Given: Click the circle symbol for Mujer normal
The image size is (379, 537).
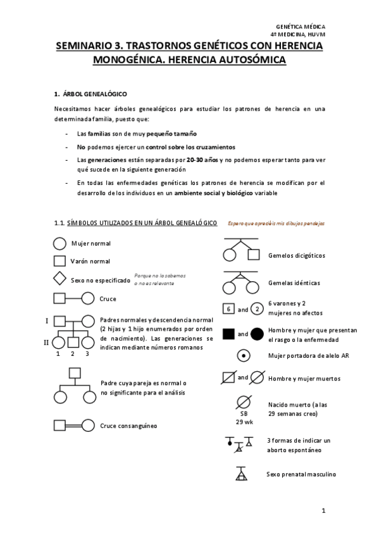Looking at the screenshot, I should click(59, 243).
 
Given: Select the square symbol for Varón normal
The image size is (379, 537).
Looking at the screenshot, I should click(59, 261).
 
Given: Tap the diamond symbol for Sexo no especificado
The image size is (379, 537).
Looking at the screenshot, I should click(59, 279).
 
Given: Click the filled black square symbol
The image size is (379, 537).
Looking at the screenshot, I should click(229, 333).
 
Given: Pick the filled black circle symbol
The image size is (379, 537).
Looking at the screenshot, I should click(257, 333).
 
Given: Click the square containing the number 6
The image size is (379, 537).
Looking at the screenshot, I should click(229, 310).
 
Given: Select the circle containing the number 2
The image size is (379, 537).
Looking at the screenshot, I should click(257, 310).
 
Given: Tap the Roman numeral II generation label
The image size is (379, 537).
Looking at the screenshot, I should click(46, 342).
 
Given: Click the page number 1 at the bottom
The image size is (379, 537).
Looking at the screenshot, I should click(323, 510).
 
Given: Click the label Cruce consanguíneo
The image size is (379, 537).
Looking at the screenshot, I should click(128, 426).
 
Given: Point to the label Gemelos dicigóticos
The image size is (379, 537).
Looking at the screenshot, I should click(296, 255).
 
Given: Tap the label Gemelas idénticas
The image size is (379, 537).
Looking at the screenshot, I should click(294, 283).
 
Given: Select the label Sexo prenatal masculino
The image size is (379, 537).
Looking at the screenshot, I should click(301, 474).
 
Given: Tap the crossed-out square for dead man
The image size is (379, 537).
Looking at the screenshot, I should click(229, 378).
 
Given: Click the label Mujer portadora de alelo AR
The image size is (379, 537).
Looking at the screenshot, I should click(308, 355).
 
